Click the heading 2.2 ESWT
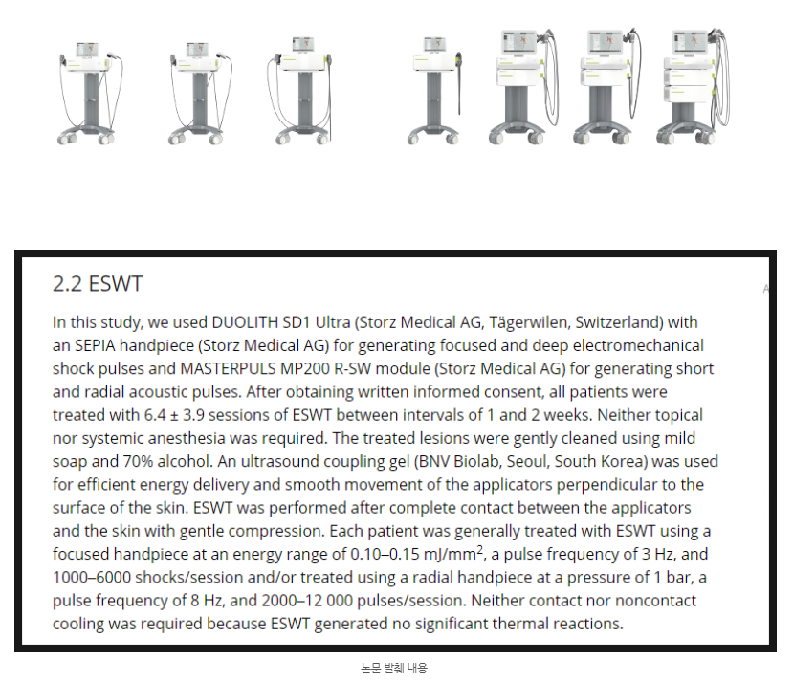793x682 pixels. click(x=98, y=284)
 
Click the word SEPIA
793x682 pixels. click(x=95, y=345)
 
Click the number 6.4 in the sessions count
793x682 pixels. click(x=155, y=415)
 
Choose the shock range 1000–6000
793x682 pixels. click(x=92, y=578)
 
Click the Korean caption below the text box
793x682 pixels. click(x=394, y=669)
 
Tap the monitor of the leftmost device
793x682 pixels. click(x=87, y=49)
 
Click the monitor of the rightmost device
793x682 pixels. click(x=690, y=41)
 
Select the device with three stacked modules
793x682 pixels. click(x=694, y=86)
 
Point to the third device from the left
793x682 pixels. click(x=300, y=91)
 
